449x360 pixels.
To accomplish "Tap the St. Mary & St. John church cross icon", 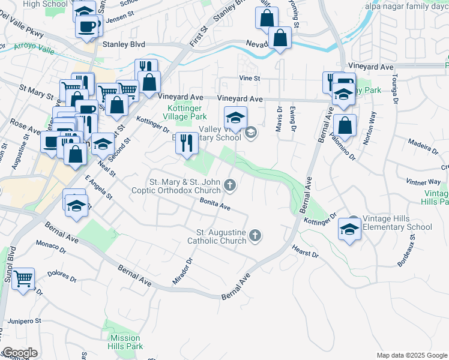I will click(229, 184).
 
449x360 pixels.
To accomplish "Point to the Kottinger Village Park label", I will click(185, 112).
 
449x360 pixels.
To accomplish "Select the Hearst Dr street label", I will click(305, 251).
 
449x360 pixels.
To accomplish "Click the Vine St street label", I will click(249, 78).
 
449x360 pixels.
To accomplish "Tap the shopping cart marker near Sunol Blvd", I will click(23, 277).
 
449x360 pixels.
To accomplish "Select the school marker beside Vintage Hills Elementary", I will click(349, 229).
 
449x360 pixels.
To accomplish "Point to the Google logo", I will click(20, 353).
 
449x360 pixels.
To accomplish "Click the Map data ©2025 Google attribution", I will click(411, 355).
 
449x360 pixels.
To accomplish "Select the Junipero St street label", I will click(24, 321).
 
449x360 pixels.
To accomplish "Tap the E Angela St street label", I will click(98, 187).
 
